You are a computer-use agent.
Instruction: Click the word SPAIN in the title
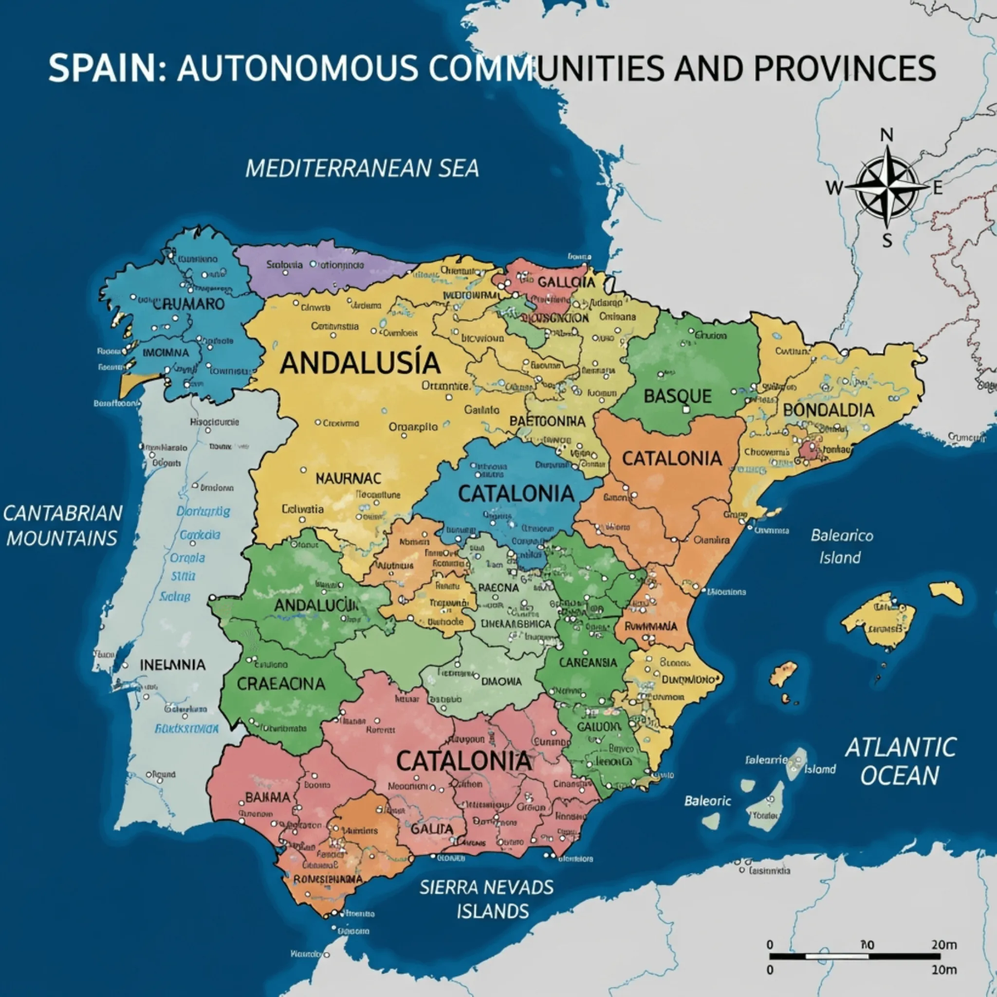pos(101,68)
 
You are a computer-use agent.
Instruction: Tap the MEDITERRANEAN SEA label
pos(362,169)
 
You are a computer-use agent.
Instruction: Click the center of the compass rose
pos(887,187)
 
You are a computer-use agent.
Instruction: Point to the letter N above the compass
pos(886,135)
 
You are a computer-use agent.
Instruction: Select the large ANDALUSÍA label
pos(360,363)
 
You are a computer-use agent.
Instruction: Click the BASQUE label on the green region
pos(678,396)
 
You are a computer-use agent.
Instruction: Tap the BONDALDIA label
pos(828,410)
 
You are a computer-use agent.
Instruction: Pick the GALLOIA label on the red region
pos(566,282)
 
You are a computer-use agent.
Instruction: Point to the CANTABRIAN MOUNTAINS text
pos(62,525)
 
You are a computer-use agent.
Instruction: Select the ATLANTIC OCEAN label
pos(901,761)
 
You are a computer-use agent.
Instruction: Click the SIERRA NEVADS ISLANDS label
pos(487,899)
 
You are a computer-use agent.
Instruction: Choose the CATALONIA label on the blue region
pos(516,494)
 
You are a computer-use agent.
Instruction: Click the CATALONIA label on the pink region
pos(464,760)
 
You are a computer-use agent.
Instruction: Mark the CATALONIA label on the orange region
pos(672,458)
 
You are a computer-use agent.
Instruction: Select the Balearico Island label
pos(842,546)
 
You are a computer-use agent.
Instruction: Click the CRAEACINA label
pos(281,685)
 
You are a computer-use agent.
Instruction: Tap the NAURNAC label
pos(348,479)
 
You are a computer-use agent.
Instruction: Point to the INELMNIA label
pos(172,665)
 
